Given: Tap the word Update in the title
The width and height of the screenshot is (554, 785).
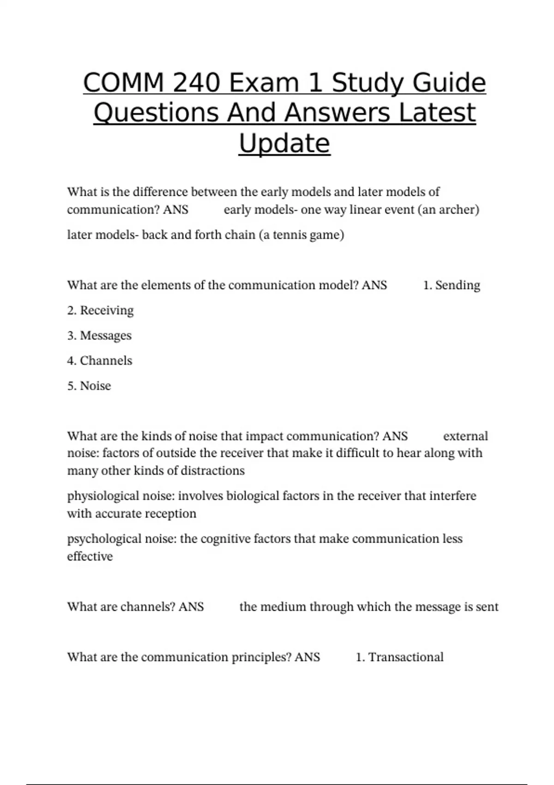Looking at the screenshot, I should [284, 143].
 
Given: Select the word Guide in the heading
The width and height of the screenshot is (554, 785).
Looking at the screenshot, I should [449, 83].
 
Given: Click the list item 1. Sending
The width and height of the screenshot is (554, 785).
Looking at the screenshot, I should [452, 285].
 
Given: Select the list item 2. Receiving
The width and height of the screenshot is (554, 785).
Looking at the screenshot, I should [100, 310].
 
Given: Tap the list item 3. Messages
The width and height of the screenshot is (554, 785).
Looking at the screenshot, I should [99, 336].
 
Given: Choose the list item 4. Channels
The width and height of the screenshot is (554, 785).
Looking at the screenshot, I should [100, 361].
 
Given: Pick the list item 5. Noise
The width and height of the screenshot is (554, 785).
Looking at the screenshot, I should [89, 386].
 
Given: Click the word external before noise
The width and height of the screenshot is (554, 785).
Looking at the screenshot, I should [465, 436].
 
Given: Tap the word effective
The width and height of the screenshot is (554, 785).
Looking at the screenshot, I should [90, 556].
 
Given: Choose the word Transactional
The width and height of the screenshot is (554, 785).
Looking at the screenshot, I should [406, 657].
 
